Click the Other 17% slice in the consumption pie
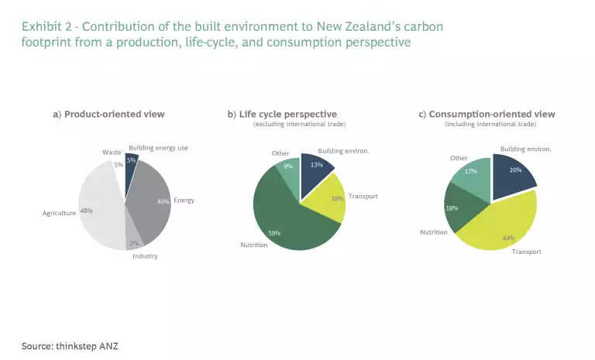(x=473, y=177)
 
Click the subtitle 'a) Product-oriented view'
(x=108, y=115)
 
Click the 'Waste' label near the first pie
(x=111, y=153)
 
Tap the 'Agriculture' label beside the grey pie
(x=59, y=212)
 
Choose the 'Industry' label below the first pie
(x=144, y=256)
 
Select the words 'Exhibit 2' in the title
(x=45, y=26)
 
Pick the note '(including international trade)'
(x=490, y=124)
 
